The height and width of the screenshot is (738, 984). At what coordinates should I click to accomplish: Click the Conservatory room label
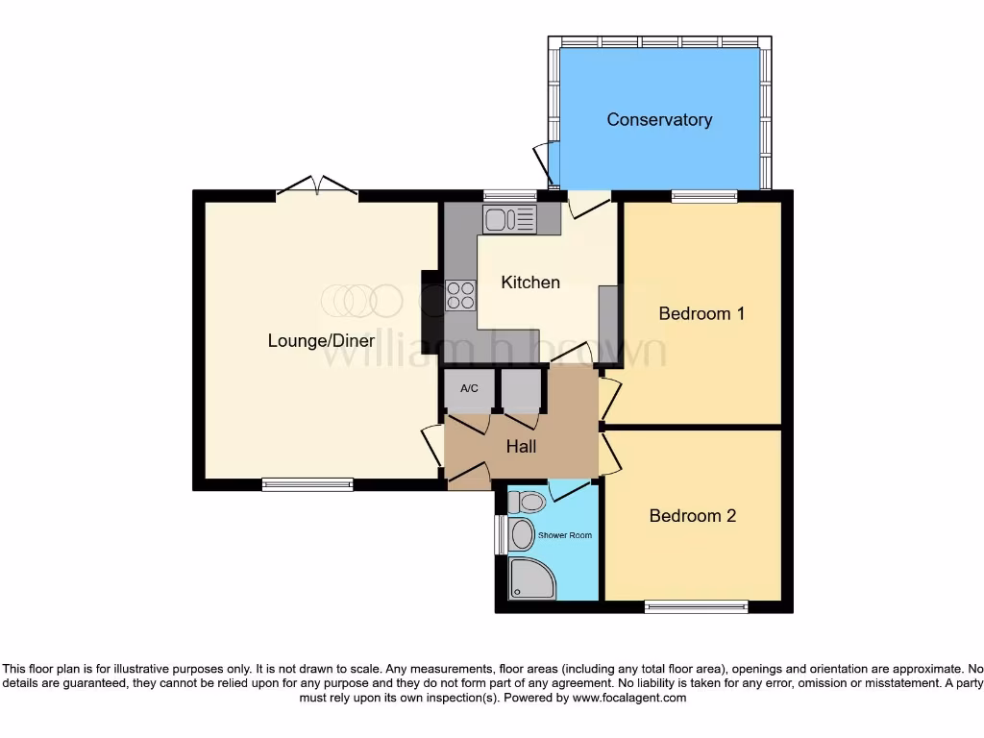(x=659, y=120)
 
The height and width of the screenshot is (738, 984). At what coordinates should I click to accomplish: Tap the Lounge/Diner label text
(x=321, y=340)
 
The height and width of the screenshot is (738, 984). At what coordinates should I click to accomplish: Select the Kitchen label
(x=530, y=282)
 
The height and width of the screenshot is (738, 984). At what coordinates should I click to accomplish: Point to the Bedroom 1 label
(x=701, y=313)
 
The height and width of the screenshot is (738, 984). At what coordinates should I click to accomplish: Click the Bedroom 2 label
(x=692, y=516)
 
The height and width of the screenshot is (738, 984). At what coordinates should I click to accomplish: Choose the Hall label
(x=521, y=447)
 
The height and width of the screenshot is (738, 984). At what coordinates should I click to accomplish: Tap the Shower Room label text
(x=565, y=535)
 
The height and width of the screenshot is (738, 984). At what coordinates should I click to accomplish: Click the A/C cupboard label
(x=469, y=389)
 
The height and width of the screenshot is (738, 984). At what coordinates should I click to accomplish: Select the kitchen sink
(x=510, y=221)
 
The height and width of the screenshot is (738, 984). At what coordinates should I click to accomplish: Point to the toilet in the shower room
(x=527, y=502)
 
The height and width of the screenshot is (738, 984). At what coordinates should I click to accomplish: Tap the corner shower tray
(x=530, y=579)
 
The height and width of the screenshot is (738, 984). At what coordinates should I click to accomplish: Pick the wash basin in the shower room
(x=522, y=535)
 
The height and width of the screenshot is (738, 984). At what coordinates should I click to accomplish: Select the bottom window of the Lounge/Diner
(x=307, y=485)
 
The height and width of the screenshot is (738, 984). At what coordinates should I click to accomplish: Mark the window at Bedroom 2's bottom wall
(x=696, y=606)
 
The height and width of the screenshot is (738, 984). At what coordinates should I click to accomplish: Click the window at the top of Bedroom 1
(x=704, y=197)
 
